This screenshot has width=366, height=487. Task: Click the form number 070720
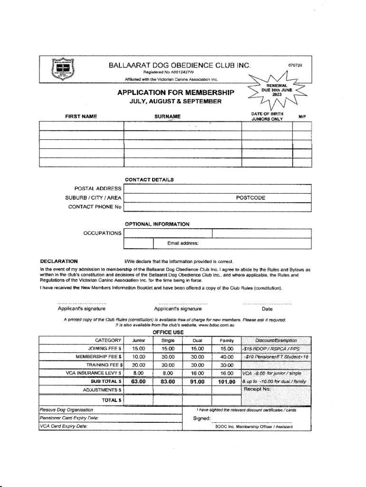295,65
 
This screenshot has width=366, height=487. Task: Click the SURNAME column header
167,117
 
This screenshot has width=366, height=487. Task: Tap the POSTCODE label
250,198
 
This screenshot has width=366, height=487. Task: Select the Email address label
183,243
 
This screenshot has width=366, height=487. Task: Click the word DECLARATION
59,261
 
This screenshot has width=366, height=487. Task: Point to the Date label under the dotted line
267,309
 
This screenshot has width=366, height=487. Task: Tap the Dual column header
197,341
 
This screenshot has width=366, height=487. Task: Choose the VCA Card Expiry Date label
63,426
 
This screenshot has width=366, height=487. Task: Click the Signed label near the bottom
202,419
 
